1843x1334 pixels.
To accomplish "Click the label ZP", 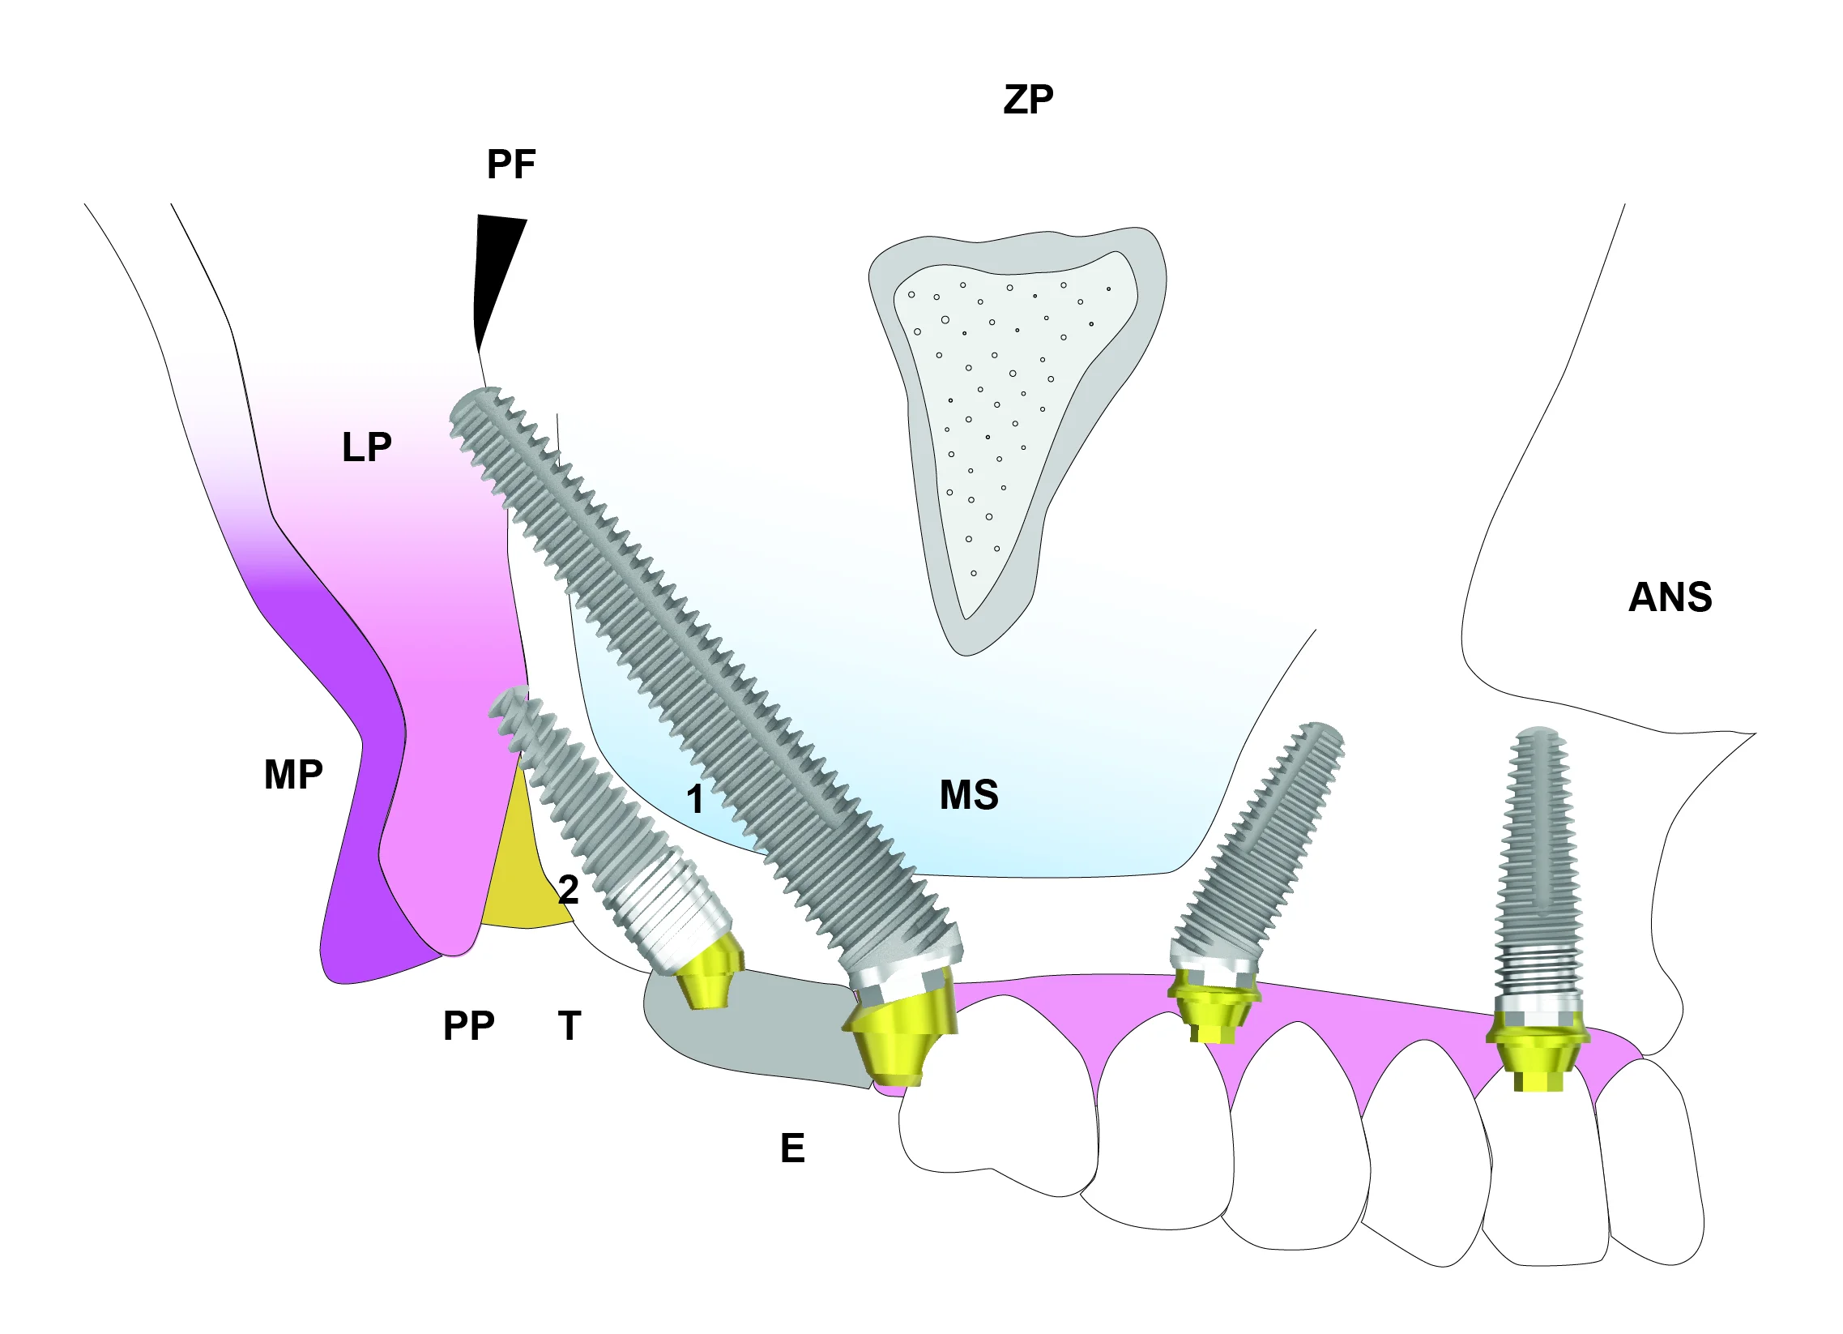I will tap(1028, 100).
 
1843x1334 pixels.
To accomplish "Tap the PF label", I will tap(511, 165).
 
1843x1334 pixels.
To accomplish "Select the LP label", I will tap(366, 447).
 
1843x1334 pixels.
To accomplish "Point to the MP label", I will tap(293, 775).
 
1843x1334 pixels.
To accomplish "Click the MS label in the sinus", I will tap(969, 795).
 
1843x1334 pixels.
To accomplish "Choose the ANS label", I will tap(1670, 597).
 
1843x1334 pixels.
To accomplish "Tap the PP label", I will tap(468, 1026).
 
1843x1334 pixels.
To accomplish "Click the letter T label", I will tap(570, 1026).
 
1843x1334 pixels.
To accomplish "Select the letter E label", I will tap(792, 1148).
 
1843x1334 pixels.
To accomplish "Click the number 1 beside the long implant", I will tap(695, 799).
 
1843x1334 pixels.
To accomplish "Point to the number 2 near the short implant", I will tap(568, 890).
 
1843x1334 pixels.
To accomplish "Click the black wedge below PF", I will tap(494, 268).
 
